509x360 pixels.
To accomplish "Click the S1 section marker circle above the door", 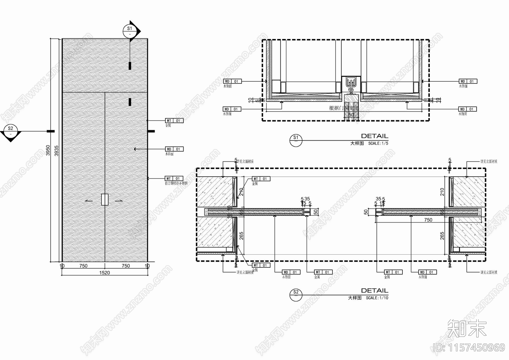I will coord(130,31).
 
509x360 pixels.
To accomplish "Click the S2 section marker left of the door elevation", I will coord(10,131).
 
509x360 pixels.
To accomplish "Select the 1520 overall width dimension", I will coord(104,272).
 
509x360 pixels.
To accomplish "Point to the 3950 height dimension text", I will coord(48,150).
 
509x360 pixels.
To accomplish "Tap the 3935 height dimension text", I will coord(57,150).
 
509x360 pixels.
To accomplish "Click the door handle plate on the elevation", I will coord(105,199).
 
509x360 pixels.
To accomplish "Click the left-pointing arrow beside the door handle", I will coord(89,201).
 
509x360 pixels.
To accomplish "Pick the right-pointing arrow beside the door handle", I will coord(119,201).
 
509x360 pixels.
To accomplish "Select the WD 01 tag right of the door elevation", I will coord(174,149).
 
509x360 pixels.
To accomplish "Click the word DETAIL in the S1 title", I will coord(374,136).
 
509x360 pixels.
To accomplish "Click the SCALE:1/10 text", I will coord(377,298).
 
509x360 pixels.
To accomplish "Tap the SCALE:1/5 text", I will coord(378,144).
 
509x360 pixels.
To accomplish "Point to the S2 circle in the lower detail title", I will coord(296,295).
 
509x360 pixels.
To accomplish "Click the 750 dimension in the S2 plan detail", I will coord(428,220).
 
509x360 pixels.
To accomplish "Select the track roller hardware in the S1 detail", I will coord(351,84).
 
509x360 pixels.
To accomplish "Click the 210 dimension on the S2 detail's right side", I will coord(442,192).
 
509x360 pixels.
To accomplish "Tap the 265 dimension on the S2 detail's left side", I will coord(241,236).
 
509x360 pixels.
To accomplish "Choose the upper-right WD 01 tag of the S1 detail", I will coord(468,81).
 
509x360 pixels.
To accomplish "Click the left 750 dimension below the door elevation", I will coord(83,266).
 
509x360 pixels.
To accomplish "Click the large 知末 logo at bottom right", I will coord(467,328).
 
